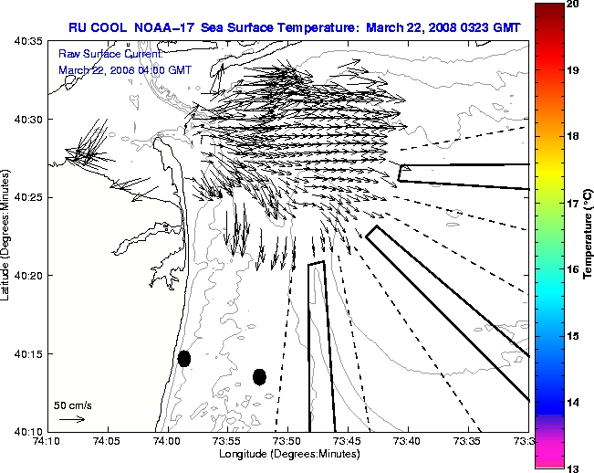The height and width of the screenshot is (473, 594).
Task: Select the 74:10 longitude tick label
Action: click(48, 441)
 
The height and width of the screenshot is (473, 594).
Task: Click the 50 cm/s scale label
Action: click(73, 405)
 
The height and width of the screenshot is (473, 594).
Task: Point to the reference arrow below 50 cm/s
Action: click(72, 420)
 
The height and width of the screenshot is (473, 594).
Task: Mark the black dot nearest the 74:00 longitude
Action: click(184, 358)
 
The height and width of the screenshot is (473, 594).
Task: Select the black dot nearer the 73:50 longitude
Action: click(259, 376)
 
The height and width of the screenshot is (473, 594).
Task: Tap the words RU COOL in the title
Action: click(95, 28)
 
